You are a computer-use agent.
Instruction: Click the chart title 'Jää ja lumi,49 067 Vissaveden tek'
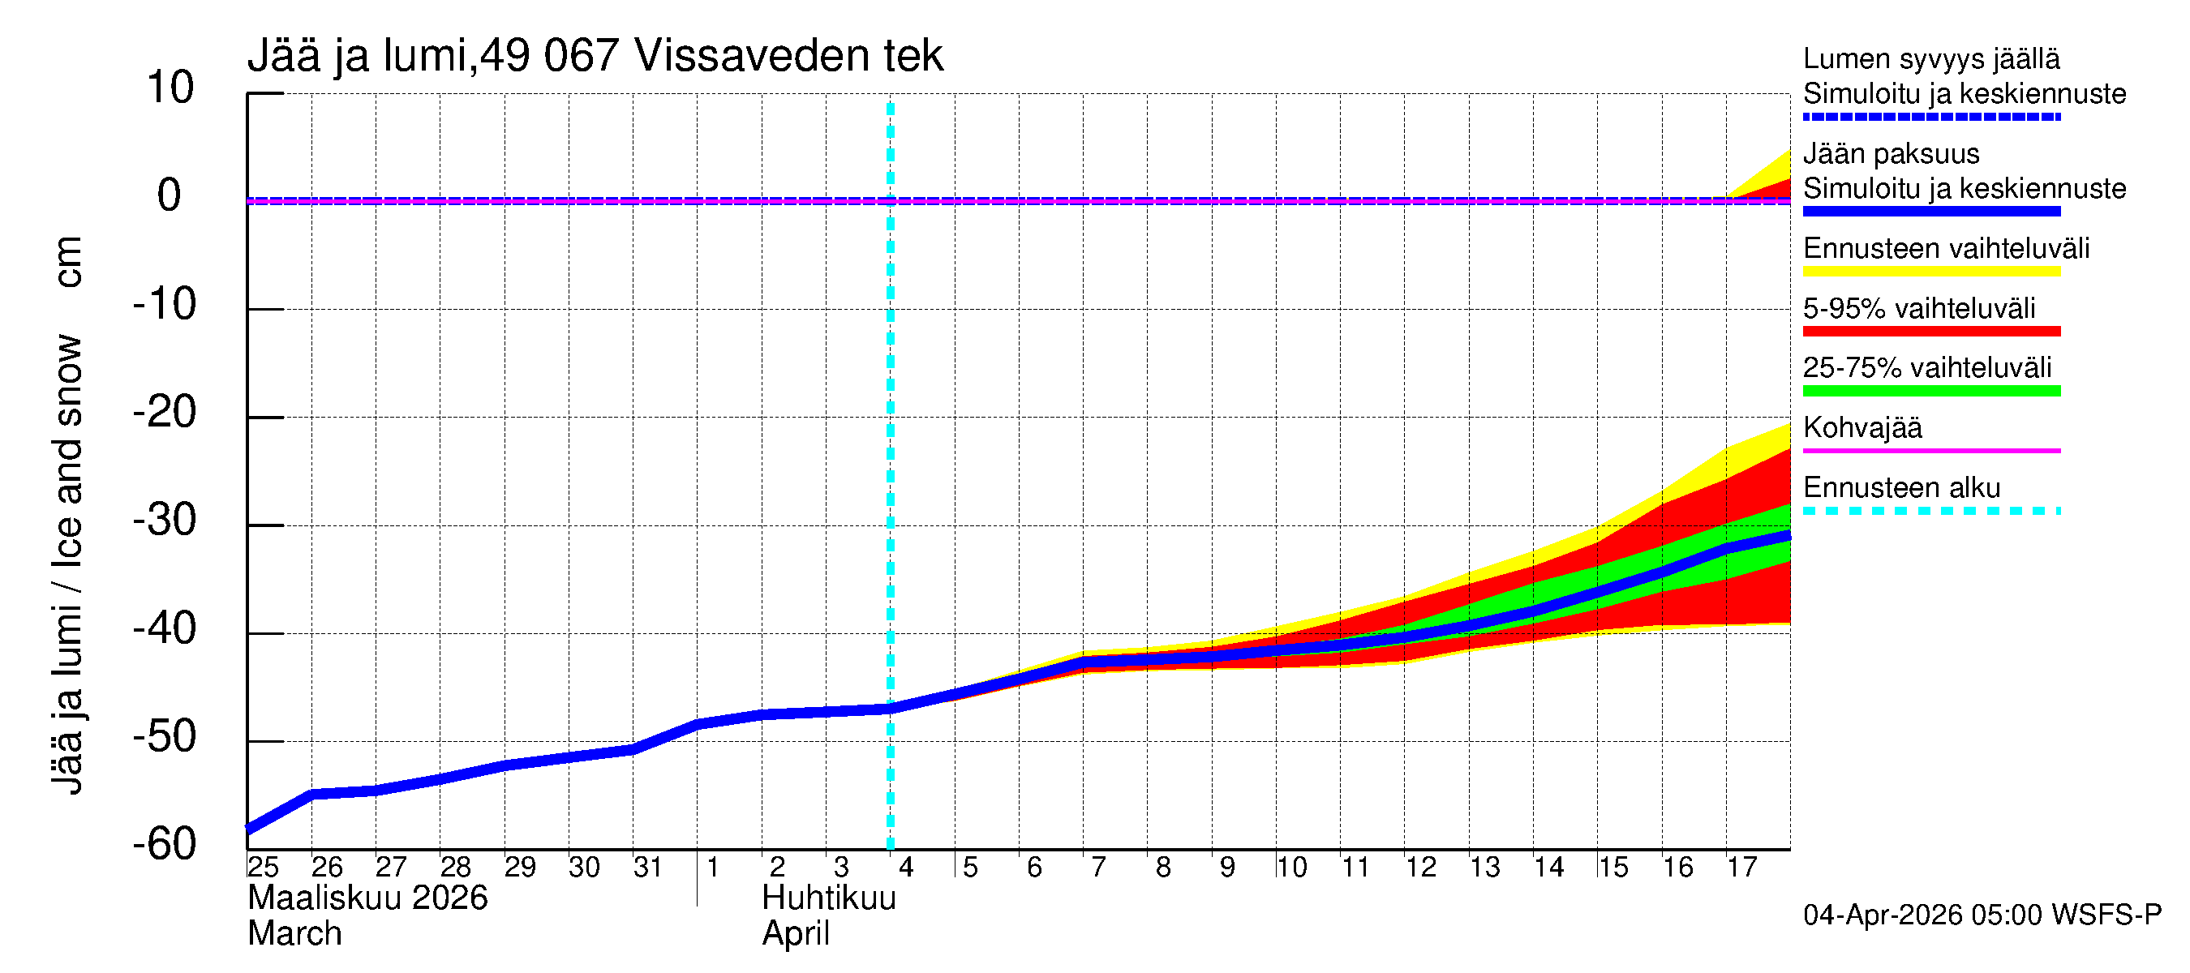[595, 56]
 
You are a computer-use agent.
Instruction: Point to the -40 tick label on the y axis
[165, 630]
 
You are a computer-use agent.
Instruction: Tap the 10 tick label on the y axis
[170, 88]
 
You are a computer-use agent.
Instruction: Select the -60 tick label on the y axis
[165, 845]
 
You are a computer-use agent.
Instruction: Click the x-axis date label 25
[264, 868]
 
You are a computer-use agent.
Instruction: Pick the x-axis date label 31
[649, 868]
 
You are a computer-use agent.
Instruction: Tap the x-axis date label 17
[1742, 868]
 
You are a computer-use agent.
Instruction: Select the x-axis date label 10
[1291, 868]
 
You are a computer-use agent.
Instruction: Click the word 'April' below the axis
[796, 934]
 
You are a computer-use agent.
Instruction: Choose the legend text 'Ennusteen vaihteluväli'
[1946, 249]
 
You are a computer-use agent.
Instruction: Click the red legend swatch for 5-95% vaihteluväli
[1930, 332]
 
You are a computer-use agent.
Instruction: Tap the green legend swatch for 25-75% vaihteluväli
[1930, 391]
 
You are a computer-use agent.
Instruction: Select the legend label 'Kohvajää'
[1861, 427]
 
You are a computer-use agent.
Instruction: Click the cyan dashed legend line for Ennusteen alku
[1930, 511]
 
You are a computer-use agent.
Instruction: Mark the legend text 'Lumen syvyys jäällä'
[1930, 59]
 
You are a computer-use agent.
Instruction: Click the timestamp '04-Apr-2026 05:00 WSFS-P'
[1982, 915]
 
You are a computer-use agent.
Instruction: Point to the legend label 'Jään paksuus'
[1891, 154]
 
